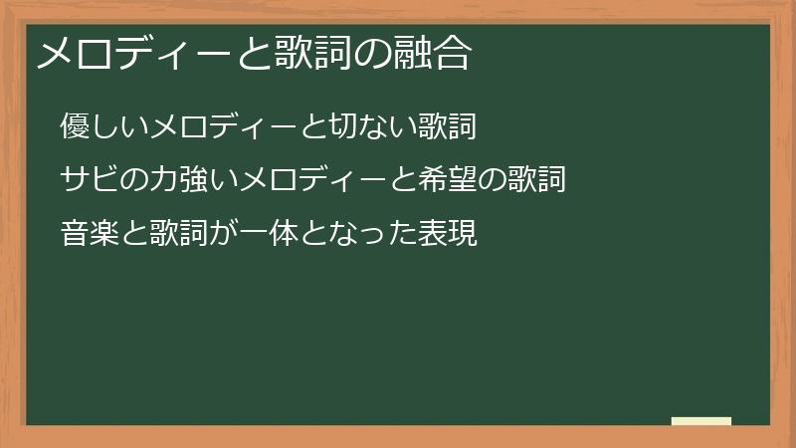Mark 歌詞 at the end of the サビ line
point(535,180)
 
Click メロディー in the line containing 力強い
point(312,180)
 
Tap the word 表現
point(449,234)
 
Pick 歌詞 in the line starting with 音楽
point(178,234)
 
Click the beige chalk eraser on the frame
point(701,421)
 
